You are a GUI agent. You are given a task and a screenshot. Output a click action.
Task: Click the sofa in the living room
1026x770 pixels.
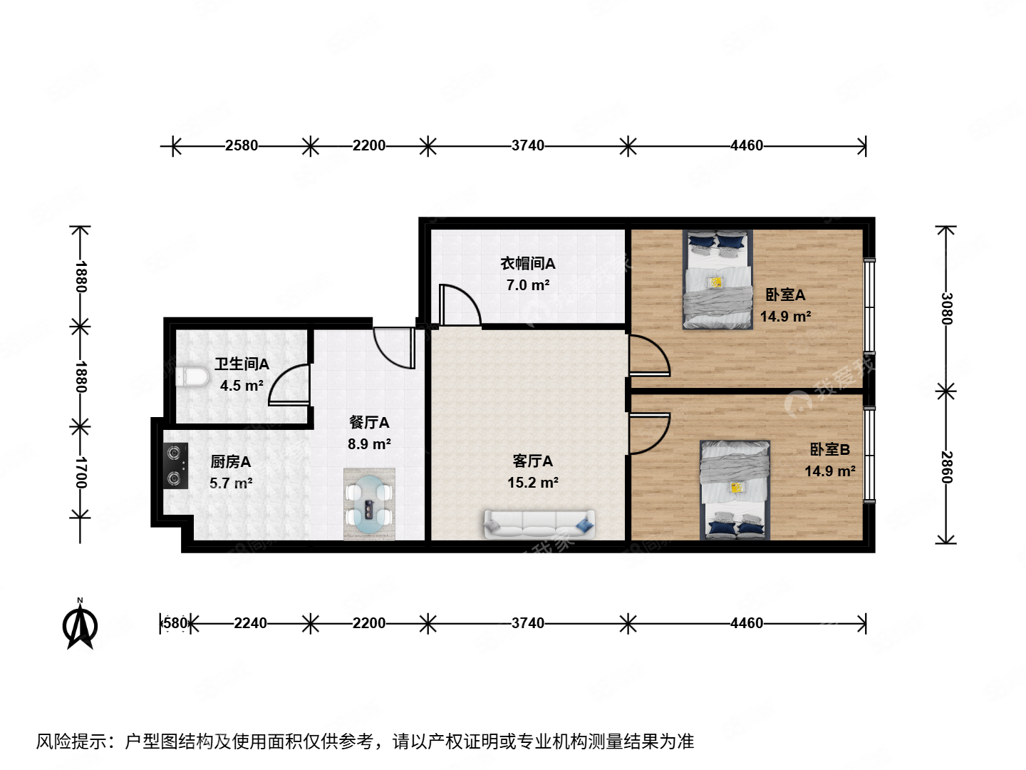pos(539,523)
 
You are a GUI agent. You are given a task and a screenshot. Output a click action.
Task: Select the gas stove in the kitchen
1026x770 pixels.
pos(175,466)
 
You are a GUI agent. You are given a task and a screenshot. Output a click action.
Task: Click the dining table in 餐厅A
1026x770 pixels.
pos(369,503)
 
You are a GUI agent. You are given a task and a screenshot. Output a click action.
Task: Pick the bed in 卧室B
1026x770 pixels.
pos(735,489)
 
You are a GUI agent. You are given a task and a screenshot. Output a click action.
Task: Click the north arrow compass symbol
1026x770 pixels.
pos(81,625)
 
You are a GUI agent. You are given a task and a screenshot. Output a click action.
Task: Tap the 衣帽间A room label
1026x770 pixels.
pos(527,264)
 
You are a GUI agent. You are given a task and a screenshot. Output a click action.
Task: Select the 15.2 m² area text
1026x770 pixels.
pos(532,483)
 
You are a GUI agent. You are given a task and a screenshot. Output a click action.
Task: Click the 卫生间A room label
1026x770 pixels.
pos(242,364)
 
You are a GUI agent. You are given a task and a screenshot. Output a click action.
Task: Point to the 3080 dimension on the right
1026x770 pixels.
pos(945,308)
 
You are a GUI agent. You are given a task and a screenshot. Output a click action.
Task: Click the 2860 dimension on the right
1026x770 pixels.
pos(945,467)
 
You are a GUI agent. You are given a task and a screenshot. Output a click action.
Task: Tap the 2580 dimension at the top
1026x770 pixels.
pos(242,145)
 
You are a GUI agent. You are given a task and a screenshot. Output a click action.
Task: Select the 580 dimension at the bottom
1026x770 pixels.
pos(175,623)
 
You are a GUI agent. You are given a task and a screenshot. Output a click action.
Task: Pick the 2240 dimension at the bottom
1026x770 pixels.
pos(250,623)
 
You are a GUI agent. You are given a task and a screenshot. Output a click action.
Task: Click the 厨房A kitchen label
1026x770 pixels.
pos(230,462)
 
